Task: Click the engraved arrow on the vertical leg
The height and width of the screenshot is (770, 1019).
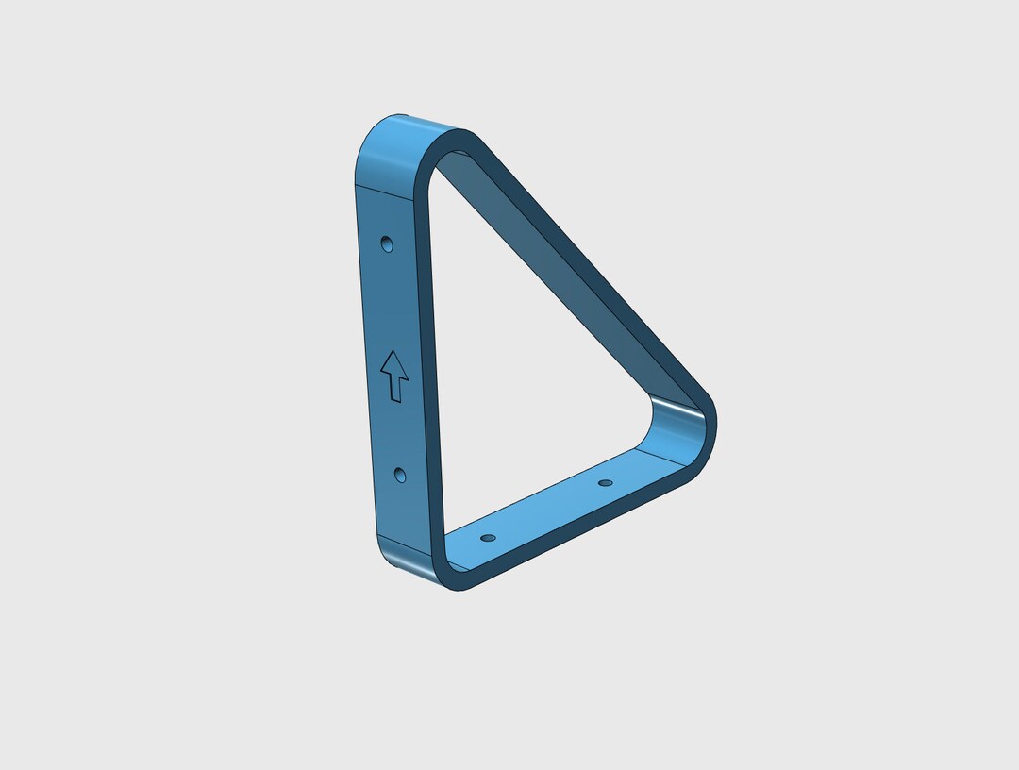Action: click(x=394, y=376)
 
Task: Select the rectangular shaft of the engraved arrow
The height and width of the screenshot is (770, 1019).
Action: click(x=396, y=387)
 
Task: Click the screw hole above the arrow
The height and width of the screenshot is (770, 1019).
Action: click(x=386, y=244)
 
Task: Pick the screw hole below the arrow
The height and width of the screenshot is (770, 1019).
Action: click(x=400, y=475)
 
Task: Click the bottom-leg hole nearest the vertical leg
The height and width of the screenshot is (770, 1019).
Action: click(x=488, y=537)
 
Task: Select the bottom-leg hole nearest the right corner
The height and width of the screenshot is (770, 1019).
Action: click(x=606, y=483)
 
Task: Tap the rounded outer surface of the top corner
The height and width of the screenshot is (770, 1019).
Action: click(x=387, y=142)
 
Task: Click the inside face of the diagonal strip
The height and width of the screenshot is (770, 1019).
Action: click(x=547, y=264)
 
